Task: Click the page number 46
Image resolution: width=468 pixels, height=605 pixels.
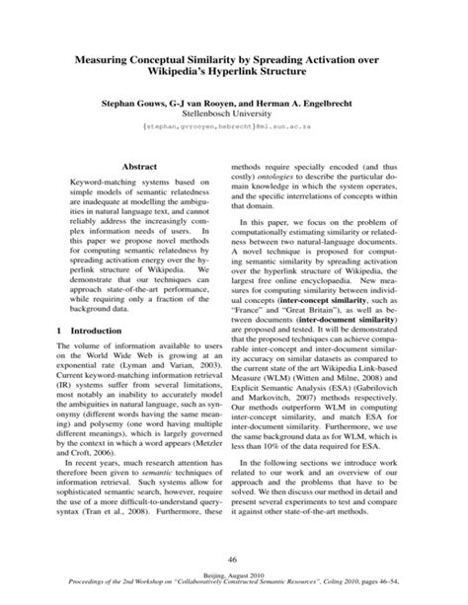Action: [233, 559]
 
